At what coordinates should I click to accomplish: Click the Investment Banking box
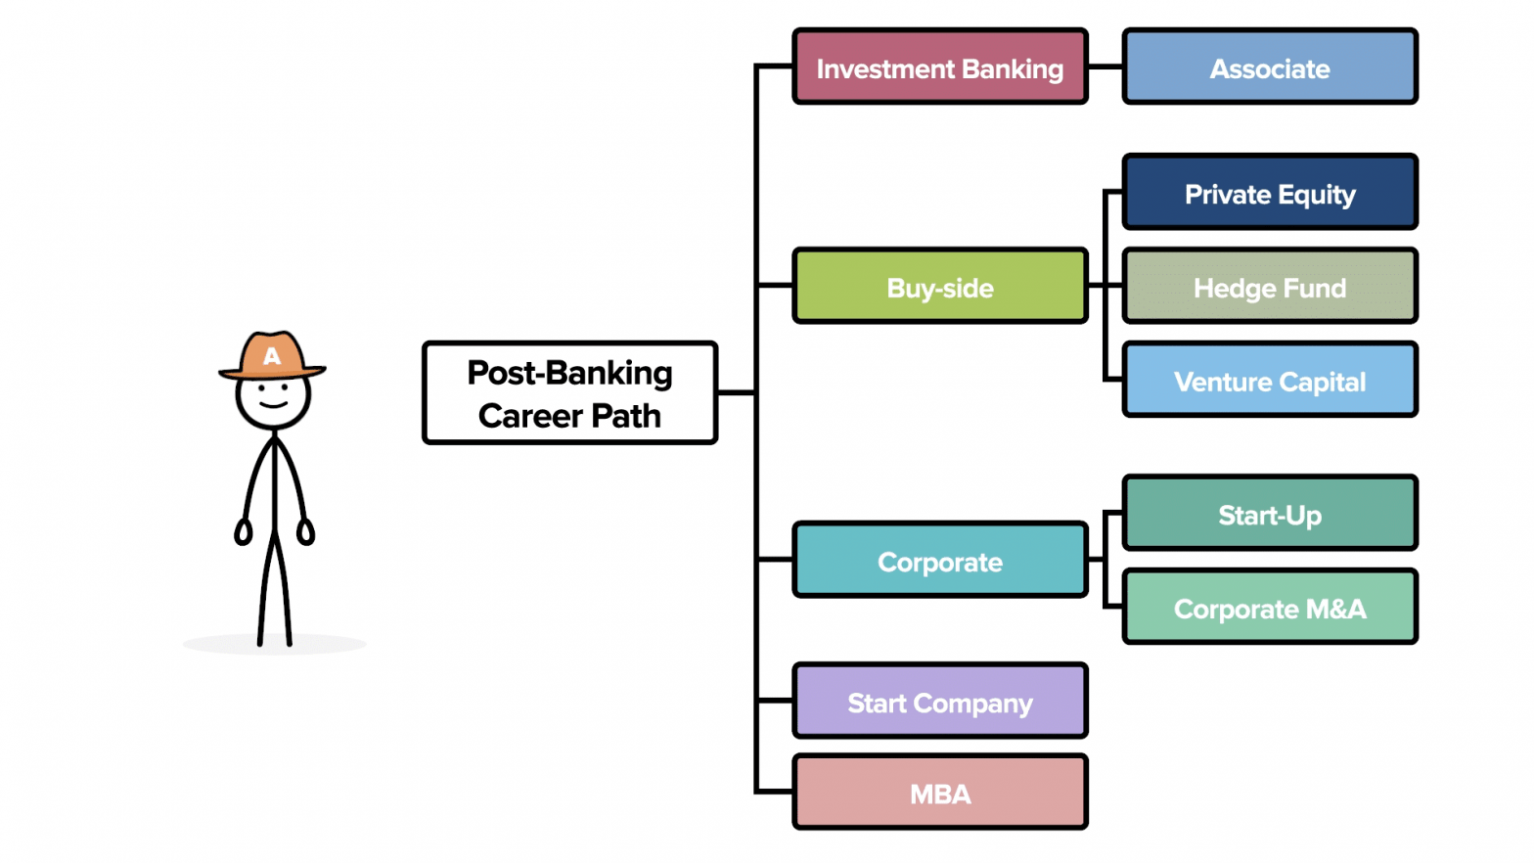[x=939, y=68]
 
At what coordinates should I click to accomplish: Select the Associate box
[x=1269, y=68]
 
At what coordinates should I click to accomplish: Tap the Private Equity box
[x=1269, y=193]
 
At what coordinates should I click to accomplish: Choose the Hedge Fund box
[x=1269, y=287]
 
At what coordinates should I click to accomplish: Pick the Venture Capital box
[x=1269, y=381]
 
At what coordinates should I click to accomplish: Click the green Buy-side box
[x=939, y=287]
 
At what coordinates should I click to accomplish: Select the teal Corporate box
[x=939, y=561]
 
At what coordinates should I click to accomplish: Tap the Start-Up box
[x=1269, y=514]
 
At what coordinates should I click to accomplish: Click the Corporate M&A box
[x=1269, y=608]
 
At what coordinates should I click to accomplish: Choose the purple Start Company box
[x=939, y=702]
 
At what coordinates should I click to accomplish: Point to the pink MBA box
[x=939, y=793]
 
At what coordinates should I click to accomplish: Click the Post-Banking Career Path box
[x=569, y=393]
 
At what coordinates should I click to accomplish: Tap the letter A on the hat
[x=272, y=357]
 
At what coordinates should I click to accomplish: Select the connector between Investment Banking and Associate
[x=1105, y=68]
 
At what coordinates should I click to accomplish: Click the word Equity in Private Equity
[x=1317, y=195]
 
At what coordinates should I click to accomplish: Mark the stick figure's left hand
[x=244, y=532]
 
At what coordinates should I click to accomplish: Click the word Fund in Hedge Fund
[x=1315, y=288]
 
